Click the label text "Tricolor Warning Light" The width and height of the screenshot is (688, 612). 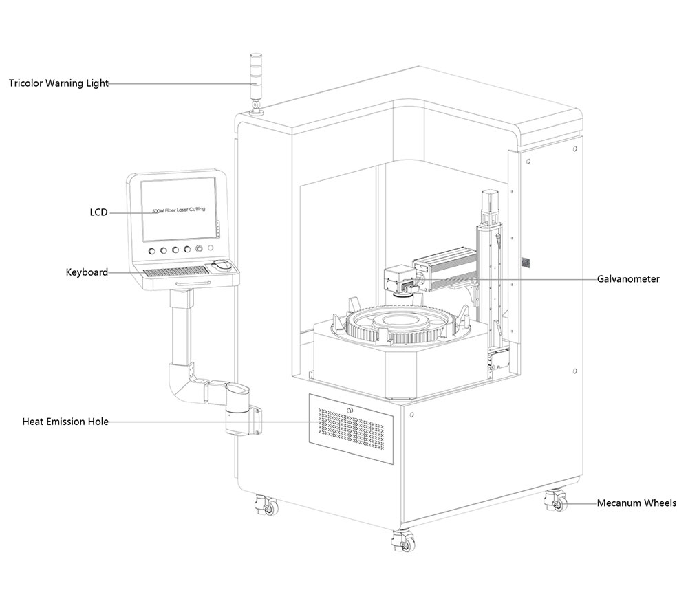58,84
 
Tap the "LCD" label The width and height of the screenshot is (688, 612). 98,212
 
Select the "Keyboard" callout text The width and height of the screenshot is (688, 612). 87,272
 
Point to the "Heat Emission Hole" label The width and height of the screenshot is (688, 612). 65,422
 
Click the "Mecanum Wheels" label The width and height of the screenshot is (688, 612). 636,503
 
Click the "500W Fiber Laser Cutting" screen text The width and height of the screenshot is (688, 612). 179,206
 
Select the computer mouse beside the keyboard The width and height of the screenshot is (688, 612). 220,265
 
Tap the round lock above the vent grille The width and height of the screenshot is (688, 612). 351,411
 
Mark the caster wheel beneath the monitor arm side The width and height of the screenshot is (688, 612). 264,507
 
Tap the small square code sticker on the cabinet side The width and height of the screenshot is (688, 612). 526,262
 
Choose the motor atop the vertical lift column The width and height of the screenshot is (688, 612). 489,200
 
